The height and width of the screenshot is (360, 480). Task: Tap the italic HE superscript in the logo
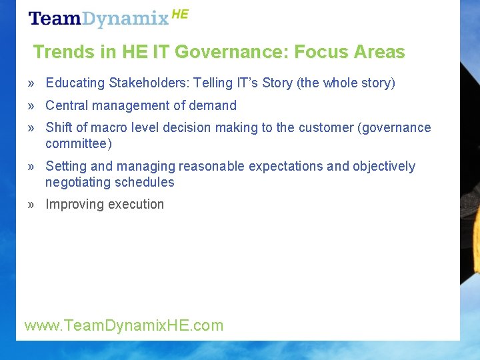[x=180, y=14]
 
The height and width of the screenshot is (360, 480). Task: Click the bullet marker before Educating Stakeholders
[x=31, y=83]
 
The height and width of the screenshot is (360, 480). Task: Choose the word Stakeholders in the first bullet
[x=147, y=83]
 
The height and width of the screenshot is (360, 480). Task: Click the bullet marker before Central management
[x=31, y=105]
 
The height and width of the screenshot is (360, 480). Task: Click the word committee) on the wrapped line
[x=79, y=143]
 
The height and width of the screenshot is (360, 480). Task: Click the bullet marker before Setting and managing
[x=31, y=166]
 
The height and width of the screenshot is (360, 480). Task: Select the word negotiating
[x=77, y=182]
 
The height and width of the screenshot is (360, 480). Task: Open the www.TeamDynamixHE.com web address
[x=124, y=325]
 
